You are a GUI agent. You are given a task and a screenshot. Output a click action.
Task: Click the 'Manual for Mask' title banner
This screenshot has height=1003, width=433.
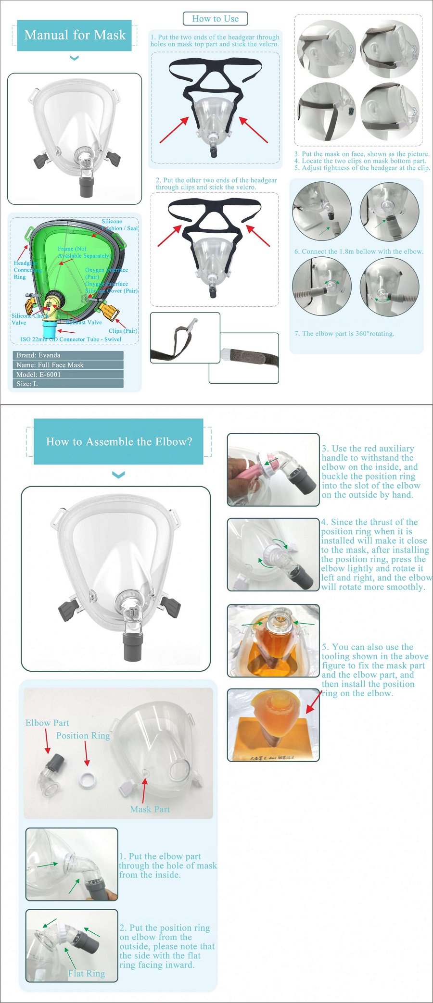[75, 35]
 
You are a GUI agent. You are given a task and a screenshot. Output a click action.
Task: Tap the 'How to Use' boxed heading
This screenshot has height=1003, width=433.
[215, 19]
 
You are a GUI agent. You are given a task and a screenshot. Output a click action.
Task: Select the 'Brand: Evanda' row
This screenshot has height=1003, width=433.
[67, 355]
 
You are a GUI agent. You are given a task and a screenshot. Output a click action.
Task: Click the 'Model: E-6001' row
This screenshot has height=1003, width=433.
[67, 374]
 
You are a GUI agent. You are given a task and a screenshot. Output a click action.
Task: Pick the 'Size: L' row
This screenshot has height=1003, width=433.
[67, 384]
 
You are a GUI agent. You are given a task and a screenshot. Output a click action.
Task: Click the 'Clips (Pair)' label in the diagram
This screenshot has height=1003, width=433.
[123, 331]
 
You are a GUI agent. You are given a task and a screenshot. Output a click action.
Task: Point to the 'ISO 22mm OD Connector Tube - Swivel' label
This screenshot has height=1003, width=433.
[71, 339]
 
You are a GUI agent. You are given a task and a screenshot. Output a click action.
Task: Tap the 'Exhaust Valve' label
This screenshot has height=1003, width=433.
[86, 323]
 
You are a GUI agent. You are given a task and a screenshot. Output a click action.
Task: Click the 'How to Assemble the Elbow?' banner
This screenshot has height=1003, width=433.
[118, 441]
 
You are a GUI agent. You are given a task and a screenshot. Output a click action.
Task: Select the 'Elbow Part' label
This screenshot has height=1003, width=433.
[47, 723]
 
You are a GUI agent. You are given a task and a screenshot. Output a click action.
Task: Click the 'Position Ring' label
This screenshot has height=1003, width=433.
[83, 736]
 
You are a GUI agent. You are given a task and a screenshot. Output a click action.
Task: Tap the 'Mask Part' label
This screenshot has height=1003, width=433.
[150, 809]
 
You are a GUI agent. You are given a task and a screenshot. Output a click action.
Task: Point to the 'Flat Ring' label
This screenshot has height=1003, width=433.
[87, 974]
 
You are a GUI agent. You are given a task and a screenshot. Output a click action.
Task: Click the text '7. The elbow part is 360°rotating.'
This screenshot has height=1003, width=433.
[344, 334]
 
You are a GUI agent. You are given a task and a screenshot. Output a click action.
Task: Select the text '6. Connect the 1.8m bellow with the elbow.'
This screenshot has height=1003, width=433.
[358, 251]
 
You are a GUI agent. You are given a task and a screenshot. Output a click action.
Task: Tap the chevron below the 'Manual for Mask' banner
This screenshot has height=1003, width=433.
[74, 58]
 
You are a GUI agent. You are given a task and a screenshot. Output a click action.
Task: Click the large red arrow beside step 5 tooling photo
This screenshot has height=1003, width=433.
[313, 702]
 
